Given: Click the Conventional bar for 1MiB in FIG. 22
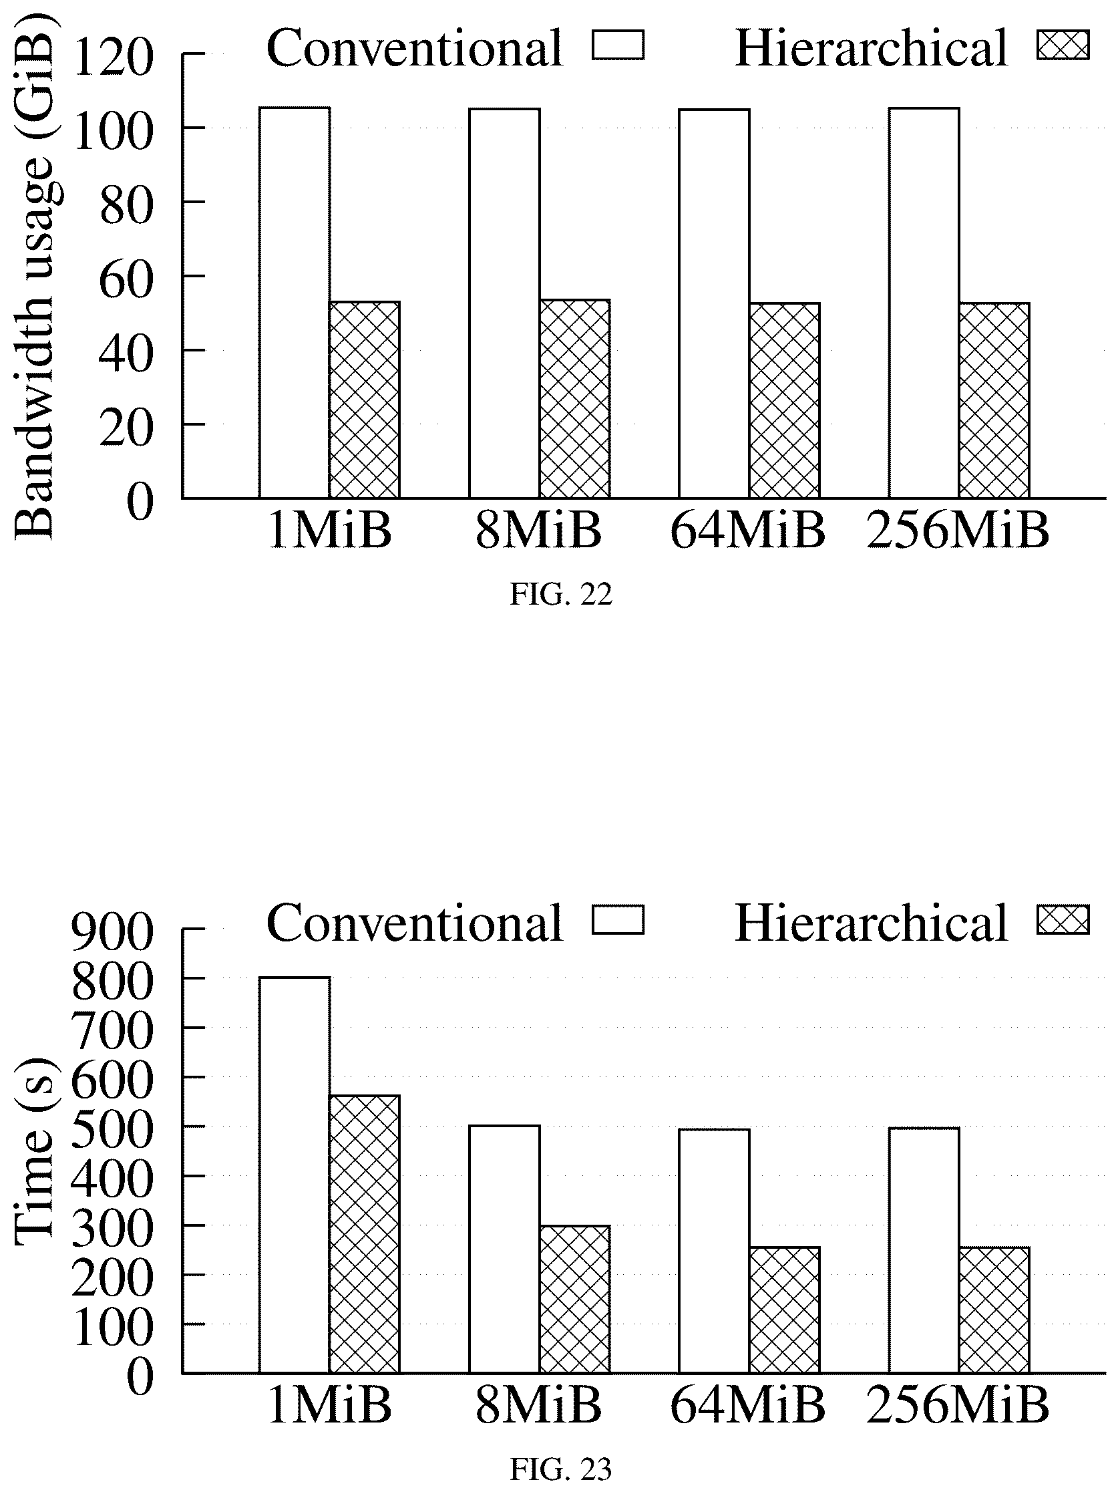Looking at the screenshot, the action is pyautogui.click(x=295, y=303).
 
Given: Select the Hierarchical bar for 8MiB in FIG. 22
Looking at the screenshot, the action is pyautogui.click(x=574, y=399).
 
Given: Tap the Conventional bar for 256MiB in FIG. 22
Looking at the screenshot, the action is pyautogui.click(x=924, y=303).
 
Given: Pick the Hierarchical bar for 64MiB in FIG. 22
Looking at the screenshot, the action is pyautogui.click(x=785, y=401).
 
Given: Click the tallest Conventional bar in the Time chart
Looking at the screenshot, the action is pyautogui.click(x=295, y=1175).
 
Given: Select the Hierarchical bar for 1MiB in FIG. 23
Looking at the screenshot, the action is pyautogui.click(x=365, y=1234).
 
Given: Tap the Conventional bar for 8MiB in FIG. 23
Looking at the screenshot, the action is pyautogui.click(x=504, y=1249).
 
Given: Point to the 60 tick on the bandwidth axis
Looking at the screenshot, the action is pyautogui.click(x=126, y=277).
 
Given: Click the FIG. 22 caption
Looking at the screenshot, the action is pyautogui.click(x=561, y=595).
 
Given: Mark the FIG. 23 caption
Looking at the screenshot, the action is pyautogui.click(x=561, y=1469).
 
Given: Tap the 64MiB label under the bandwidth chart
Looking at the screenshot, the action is pyautogui.click(x=747, y=531).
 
